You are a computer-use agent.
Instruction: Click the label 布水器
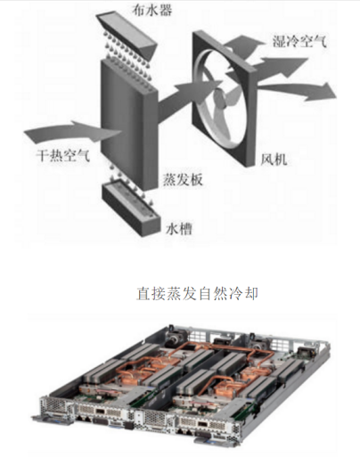151,11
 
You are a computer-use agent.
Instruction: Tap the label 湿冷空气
299,41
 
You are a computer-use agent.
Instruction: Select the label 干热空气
62,155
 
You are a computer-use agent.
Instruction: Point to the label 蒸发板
183,180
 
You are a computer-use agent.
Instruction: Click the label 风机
274,159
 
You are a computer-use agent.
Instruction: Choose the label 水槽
178,229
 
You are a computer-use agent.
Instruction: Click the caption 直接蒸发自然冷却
197,294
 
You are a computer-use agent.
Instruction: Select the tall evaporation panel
128,125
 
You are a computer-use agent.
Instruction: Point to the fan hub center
221,97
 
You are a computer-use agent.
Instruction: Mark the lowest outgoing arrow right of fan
297,91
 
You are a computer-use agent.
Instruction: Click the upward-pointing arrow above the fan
243,45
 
